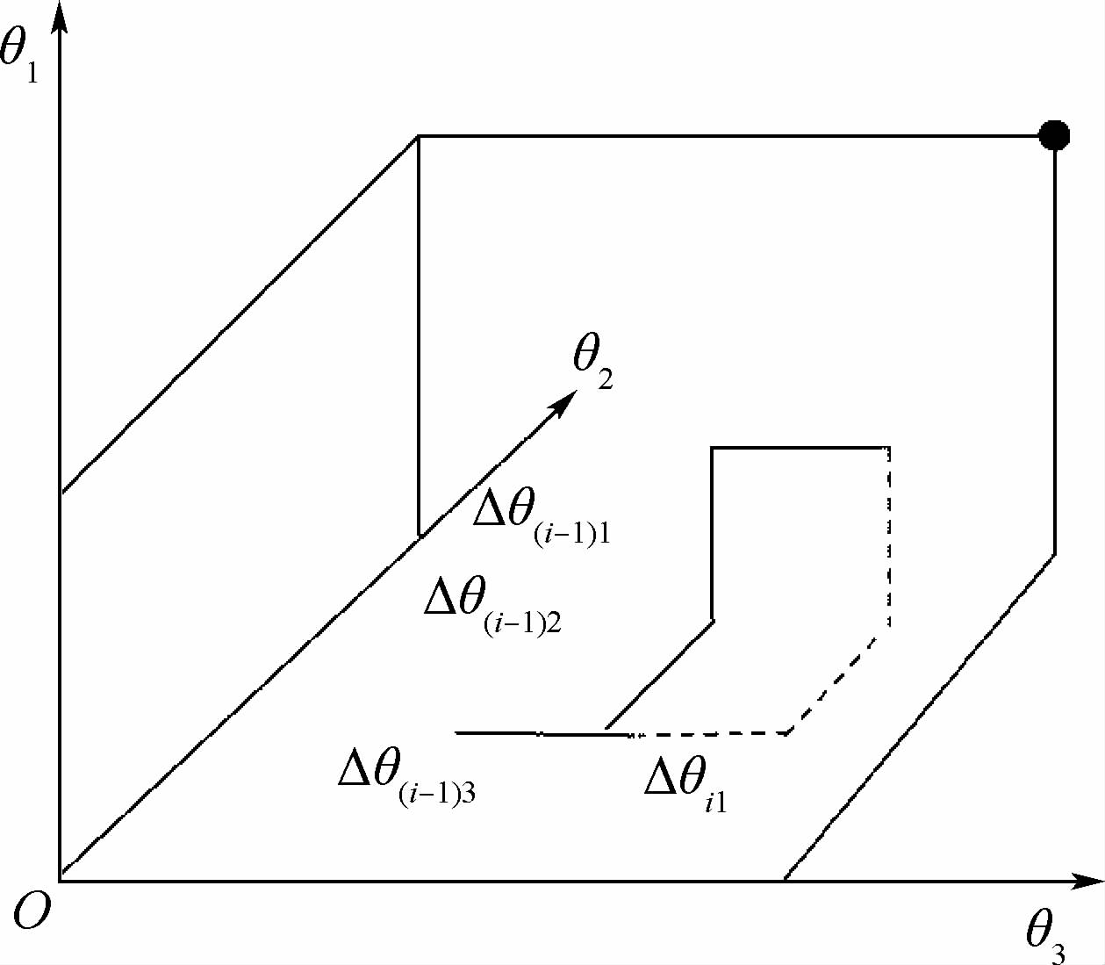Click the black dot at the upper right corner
coord(1053,135)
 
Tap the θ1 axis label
coord(19,54)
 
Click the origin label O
coord(32,913)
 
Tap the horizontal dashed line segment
coord(711,733)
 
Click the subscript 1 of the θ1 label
coord(32,72)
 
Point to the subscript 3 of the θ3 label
coord(1059,953)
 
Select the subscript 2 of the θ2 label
coord(605,380)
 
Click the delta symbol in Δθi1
coord(661,778)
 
